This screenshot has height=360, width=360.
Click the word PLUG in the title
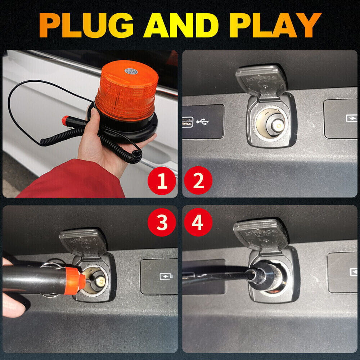(x=86, y=25)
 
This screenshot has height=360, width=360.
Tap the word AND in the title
(x=181, y=25)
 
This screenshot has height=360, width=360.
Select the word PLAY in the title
(x=275, y=25)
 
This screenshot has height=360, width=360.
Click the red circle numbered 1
(x=162, y=180)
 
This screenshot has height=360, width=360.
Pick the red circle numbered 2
(x=198, y=180)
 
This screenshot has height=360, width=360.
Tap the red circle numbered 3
(x=162, y=222)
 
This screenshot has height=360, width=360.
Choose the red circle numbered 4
(x=198, y=222)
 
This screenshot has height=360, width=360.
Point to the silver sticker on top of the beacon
(x=131, y=71)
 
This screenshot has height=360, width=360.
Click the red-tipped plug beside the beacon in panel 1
(x=73, y=121)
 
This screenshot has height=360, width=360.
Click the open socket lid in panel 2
(x=261, y=81)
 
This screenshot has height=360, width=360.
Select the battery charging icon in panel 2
(x=352, y=118)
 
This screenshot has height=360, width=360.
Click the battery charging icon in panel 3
(x=166, y=276)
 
